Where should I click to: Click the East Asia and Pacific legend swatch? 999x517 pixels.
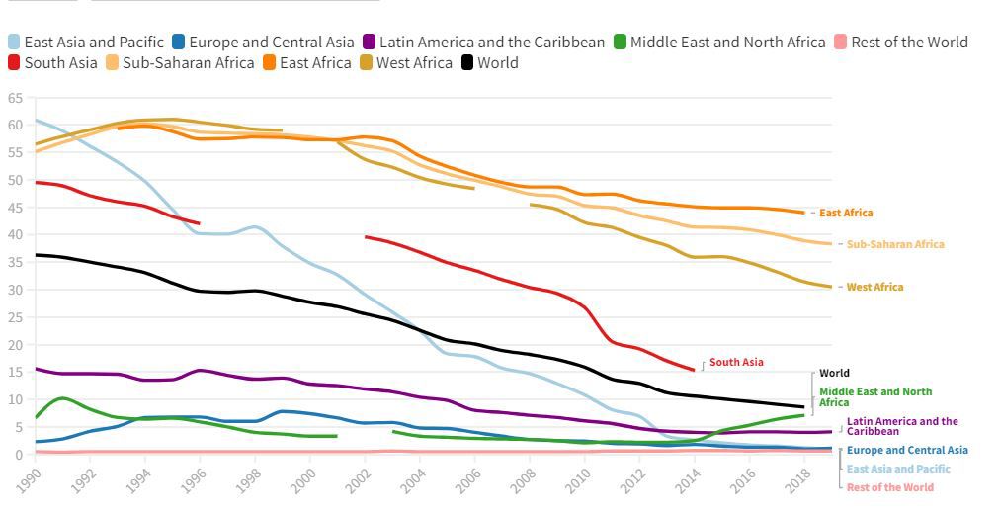[14, 43]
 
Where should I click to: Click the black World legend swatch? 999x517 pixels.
[468, 63]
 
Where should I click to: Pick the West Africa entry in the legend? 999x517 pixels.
[414, 63]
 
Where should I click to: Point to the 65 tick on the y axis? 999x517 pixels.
[15, 98]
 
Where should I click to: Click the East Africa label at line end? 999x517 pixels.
[846, 213]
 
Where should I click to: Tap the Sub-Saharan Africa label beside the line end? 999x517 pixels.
[895, 244]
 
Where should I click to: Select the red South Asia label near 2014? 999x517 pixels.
[736, 363]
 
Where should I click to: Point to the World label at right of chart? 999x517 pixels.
[834, 374]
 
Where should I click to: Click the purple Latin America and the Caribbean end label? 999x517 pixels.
[902, 426]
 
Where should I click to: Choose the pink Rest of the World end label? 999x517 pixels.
[889, 487]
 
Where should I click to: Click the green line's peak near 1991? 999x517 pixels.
[62, 398]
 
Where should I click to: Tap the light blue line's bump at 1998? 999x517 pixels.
[255, 227]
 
